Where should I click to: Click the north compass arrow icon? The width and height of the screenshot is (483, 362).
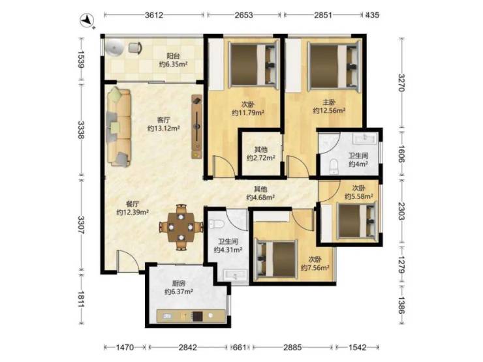(x=87, y=21)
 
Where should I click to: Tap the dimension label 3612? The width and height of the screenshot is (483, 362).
(x=154, y=15)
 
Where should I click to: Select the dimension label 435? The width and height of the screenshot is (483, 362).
(x=372, y=15)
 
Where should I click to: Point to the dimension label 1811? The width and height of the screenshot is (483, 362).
(x=81, y=299)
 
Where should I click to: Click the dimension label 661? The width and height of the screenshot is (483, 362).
(x=240, y=348)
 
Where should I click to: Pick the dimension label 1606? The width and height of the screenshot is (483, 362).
(x=401, y=153)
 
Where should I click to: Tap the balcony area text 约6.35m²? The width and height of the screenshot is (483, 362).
(x=174, y=64)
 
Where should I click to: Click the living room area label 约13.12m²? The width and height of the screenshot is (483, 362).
(x=164, y=128)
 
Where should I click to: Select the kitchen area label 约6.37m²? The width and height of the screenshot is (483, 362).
(x=179, y=291)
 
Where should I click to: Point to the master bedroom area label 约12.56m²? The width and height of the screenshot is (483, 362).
(x=329, y=110)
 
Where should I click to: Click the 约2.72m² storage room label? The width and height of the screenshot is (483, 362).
(x=261, y=158)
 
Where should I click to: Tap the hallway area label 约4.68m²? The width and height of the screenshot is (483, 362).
(x=260, y=197)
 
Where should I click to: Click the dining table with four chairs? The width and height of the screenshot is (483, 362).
(x=181, y=227)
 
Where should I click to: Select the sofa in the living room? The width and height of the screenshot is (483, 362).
(x=119, y=127)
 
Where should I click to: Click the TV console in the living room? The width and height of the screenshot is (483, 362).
(x=197, y=127)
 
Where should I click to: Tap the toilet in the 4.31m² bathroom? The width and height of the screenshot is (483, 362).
(x=215, y=224)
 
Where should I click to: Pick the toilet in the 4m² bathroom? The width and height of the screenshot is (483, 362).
(x=334, y=166)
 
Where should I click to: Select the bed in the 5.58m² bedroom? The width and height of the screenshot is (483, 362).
(x=358, y=220)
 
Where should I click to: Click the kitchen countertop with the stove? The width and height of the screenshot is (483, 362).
(x=191, y=316)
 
